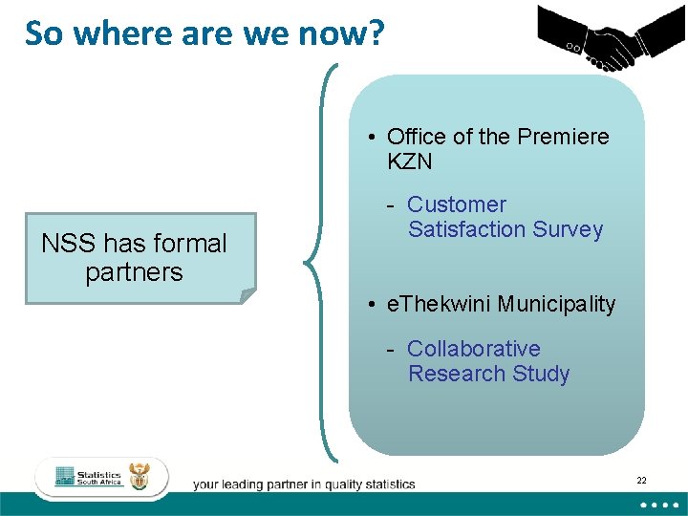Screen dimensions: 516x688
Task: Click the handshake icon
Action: coord(604,37)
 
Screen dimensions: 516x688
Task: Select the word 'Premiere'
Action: coord(563,137)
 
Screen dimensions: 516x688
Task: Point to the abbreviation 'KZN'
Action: coord(410,161)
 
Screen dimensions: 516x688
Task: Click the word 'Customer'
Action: coord(457,204)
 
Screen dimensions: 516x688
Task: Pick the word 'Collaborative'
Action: coord(474,349)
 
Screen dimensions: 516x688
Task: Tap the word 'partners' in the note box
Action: coord(134,272)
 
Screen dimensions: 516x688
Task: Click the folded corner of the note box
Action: coord(247,295)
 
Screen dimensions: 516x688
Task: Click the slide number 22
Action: coord(641,480)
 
